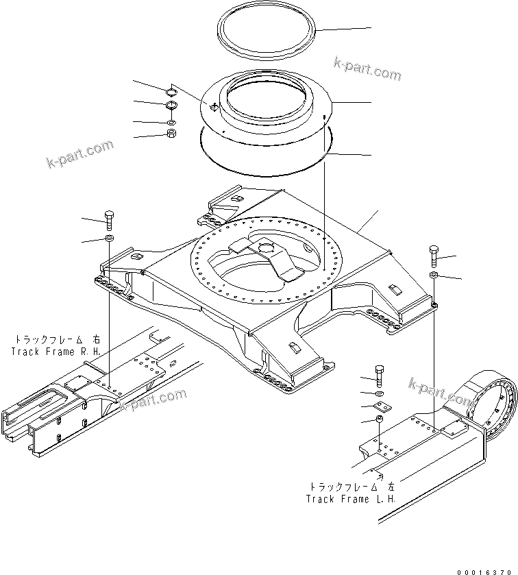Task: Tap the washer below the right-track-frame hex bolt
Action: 109,238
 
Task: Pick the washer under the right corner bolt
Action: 434,275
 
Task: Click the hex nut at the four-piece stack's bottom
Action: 171,132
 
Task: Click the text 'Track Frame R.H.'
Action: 56,351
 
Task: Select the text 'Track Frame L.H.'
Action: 351,499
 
